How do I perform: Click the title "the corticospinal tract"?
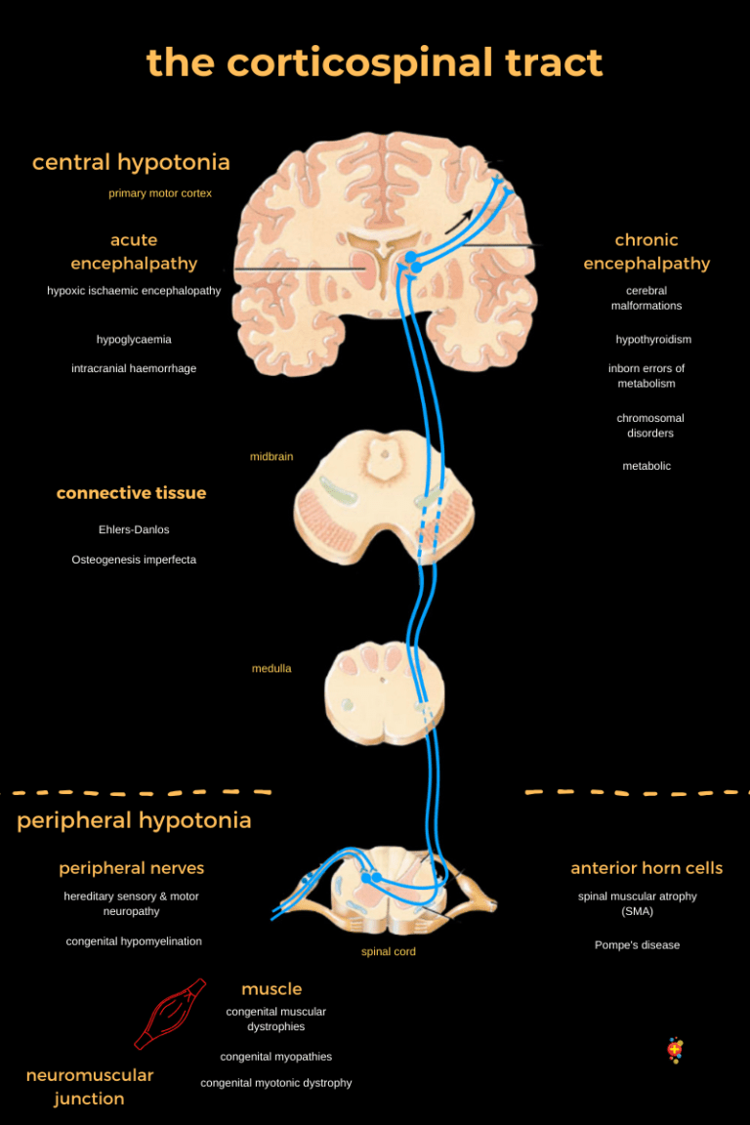(x=375, y=63)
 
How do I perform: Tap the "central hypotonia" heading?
(x=131, y=162)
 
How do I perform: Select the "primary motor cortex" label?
(x=160, y=193)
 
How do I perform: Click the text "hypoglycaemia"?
(x=134, y=340)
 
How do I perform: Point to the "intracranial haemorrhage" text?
(x=134, y=369)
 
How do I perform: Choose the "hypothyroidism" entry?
(x=653, y=340)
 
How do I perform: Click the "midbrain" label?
(x=271, y=457)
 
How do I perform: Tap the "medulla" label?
(x=271, y=669)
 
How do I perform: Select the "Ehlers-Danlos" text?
(x=134, y=530)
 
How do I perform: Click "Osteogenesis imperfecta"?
(x=134, y=561)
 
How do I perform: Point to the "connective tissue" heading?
(x=131, y=494)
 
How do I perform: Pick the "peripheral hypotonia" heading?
(x=134, y=821)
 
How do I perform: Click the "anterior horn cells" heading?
(x=646, y=868)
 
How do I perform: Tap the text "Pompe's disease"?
(x=637, y=945)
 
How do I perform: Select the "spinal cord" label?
(x=389, y=952)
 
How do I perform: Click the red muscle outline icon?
(x=171, y=1014)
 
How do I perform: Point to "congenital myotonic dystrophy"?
(x=276, y=1083)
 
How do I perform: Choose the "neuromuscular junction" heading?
(x=90, y=1087)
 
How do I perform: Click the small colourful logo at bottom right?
(x=674, y=1050)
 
